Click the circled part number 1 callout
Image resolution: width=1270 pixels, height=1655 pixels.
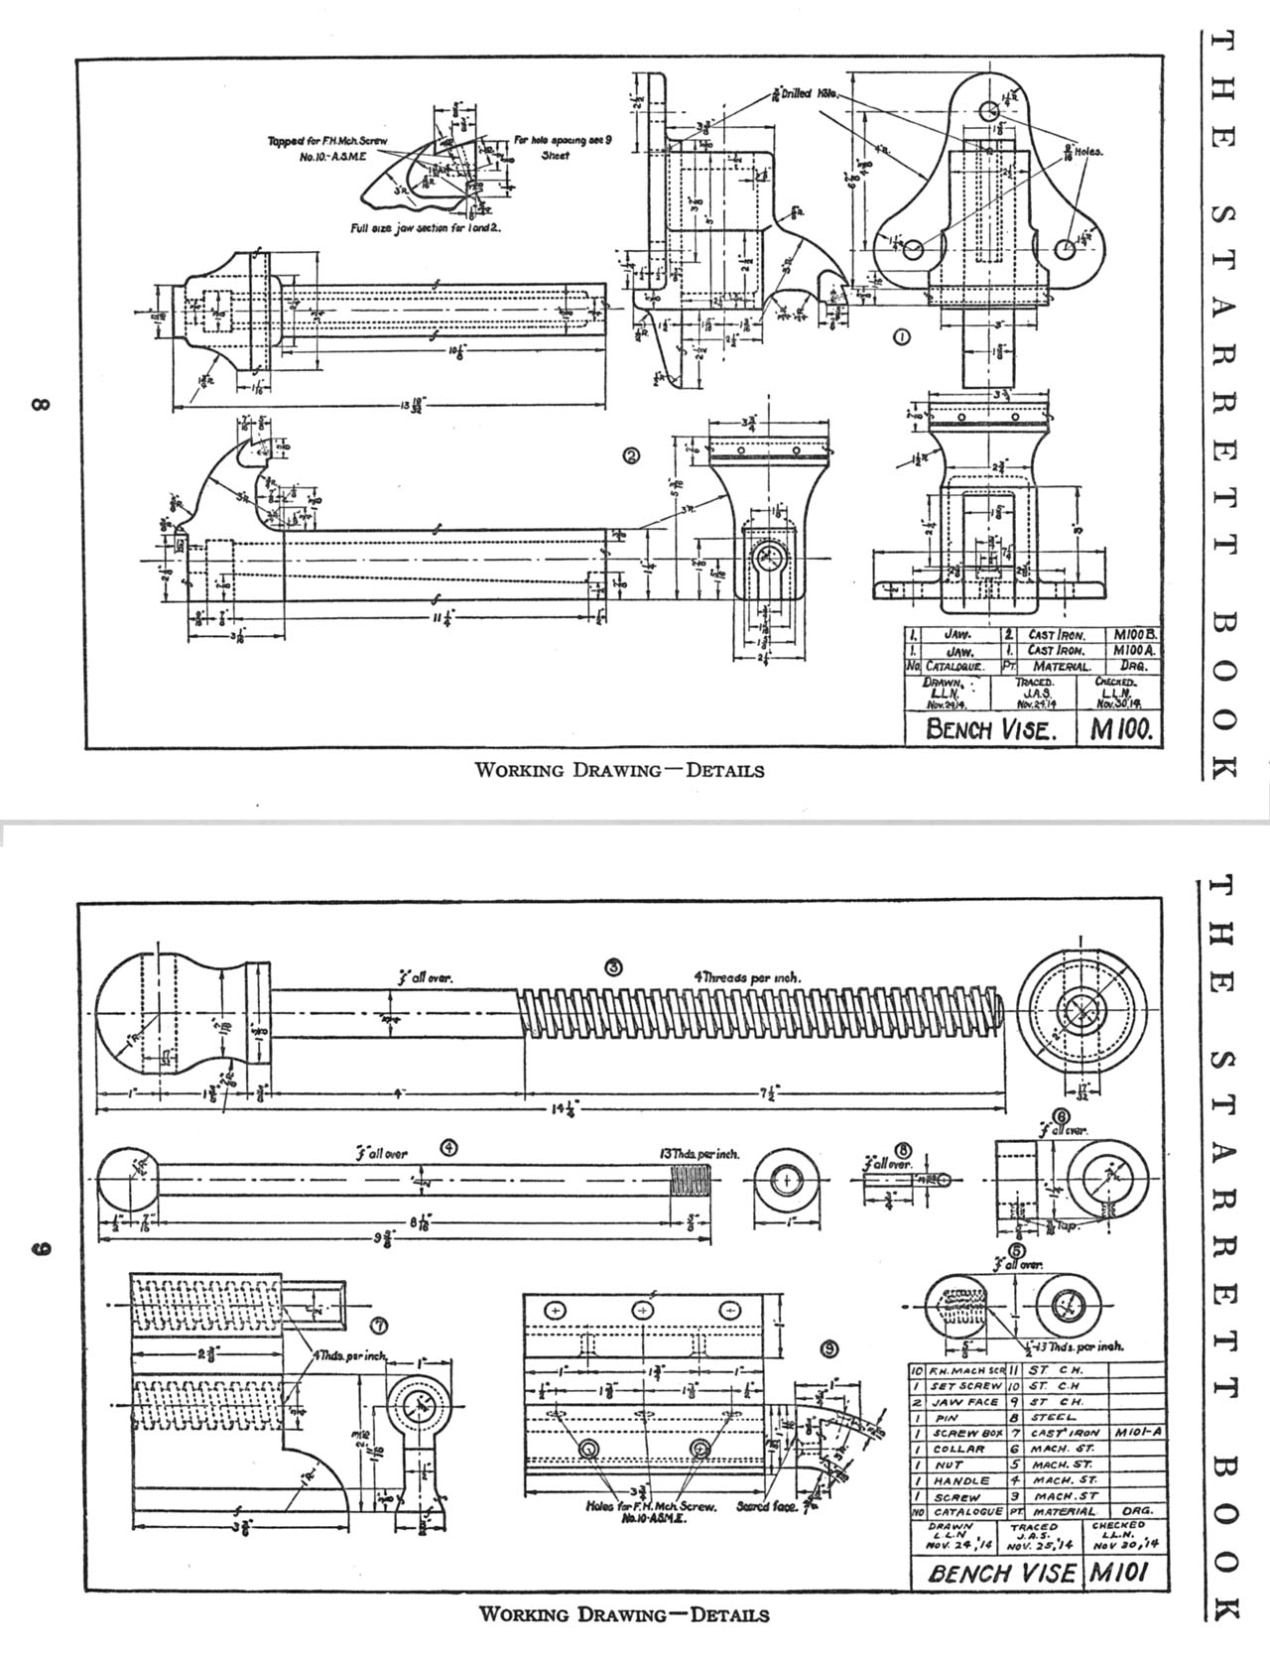tap(901, 337)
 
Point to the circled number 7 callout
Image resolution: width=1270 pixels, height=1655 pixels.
tap(377, 1325)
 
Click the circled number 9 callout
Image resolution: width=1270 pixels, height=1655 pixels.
tap(828, 1347)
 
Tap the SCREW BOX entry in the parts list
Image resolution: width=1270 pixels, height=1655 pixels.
tap(961, 1433)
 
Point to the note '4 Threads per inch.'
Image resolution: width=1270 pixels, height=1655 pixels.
tap(747, 977)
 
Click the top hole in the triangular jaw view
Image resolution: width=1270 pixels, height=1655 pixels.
tap(989, 108)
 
